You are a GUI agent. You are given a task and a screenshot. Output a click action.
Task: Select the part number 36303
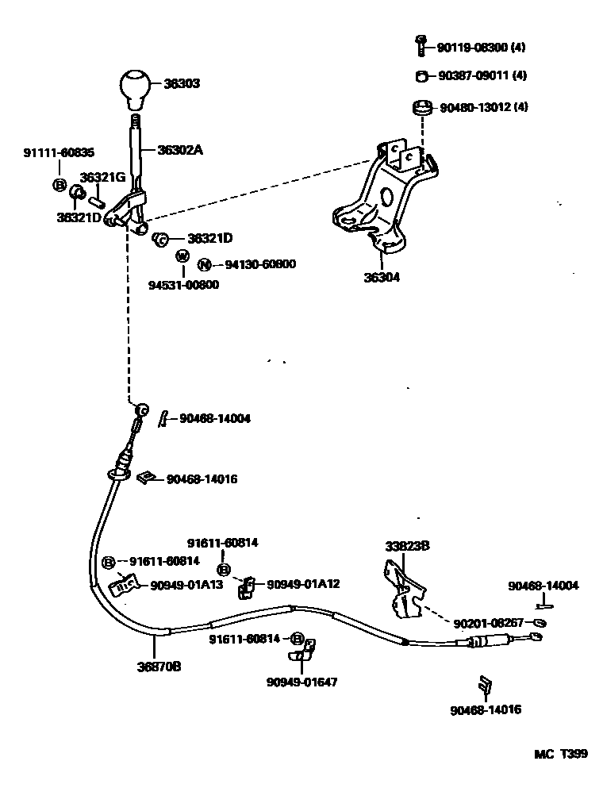(182, 83)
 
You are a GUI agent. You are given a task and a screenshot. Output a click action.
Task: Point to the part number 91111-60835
(58, 152)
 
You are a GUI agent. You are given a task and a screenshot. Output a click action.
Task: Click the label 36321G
(102, 177)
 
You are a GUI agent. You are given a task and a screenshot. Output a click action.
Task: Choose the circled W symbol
(182, 256)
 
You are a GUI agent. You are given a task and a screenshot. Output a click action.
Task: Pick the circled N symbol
(205, 265)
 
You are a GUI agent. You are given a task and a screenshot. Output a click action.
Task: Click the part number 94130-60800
(259, 264)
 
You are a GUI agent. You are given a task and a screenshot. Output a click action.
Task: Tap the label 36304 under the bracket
(382, 278)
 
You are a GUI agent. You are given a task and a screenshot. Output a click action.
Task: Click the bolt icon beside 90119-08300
(422, 46)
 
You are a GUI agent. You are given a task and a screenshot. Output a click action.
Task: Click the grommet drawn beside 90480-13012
(422, 106)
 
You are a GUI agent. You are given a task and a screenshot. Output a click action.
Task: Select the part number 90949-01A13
(186, 586)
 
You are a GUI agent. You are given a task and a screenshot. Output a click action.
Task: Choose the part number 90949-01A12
(303, 584)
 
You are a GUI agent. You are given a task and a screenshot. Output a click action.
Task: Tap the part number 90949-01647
(301, 681)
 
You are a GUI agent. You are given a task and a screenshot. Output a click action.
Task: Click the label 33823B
(407, 546)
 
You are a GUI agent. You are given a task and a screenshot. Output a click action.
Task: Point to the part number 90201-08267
(489, 623)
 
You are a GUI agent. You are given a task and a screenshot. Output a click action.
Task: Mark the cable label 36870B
(159, 667)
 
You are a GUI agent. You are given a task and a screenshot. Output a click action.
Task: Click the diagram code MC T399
(560, 754)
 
